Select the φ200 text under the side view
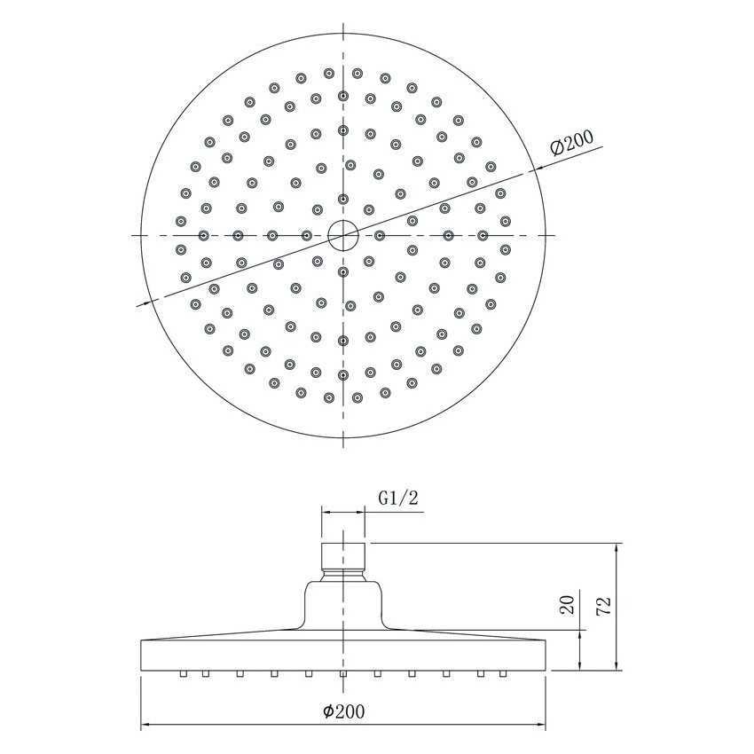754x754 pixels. pyautogui.click(x=343, y=711)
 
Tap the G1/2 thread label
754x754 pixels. pyautogui.click(x=398, y=499)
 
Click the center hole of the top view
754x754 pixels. pyautogui.click(x=342, y=235)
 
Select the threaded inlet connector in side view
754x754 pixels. pyautogui.click(x=342, y=555)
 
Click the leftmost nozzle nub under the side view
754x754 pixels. pyautogui.click(x=183, y=674)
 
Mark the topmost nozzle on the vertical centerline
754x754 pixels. pyautogui.click(x=343, y=95)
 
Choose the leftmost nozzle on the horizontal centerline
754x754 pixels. pyautogui.click(x=204, y=235)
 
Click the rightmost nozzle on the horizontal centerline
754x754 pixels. pyautogui.click(x=483, y=235)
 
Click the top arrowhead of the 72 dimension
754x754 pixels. pyautogui.click(x=618, y=547)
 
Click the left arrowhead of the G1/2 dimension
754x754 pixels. pyautogui.click(x=326, y=512)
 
